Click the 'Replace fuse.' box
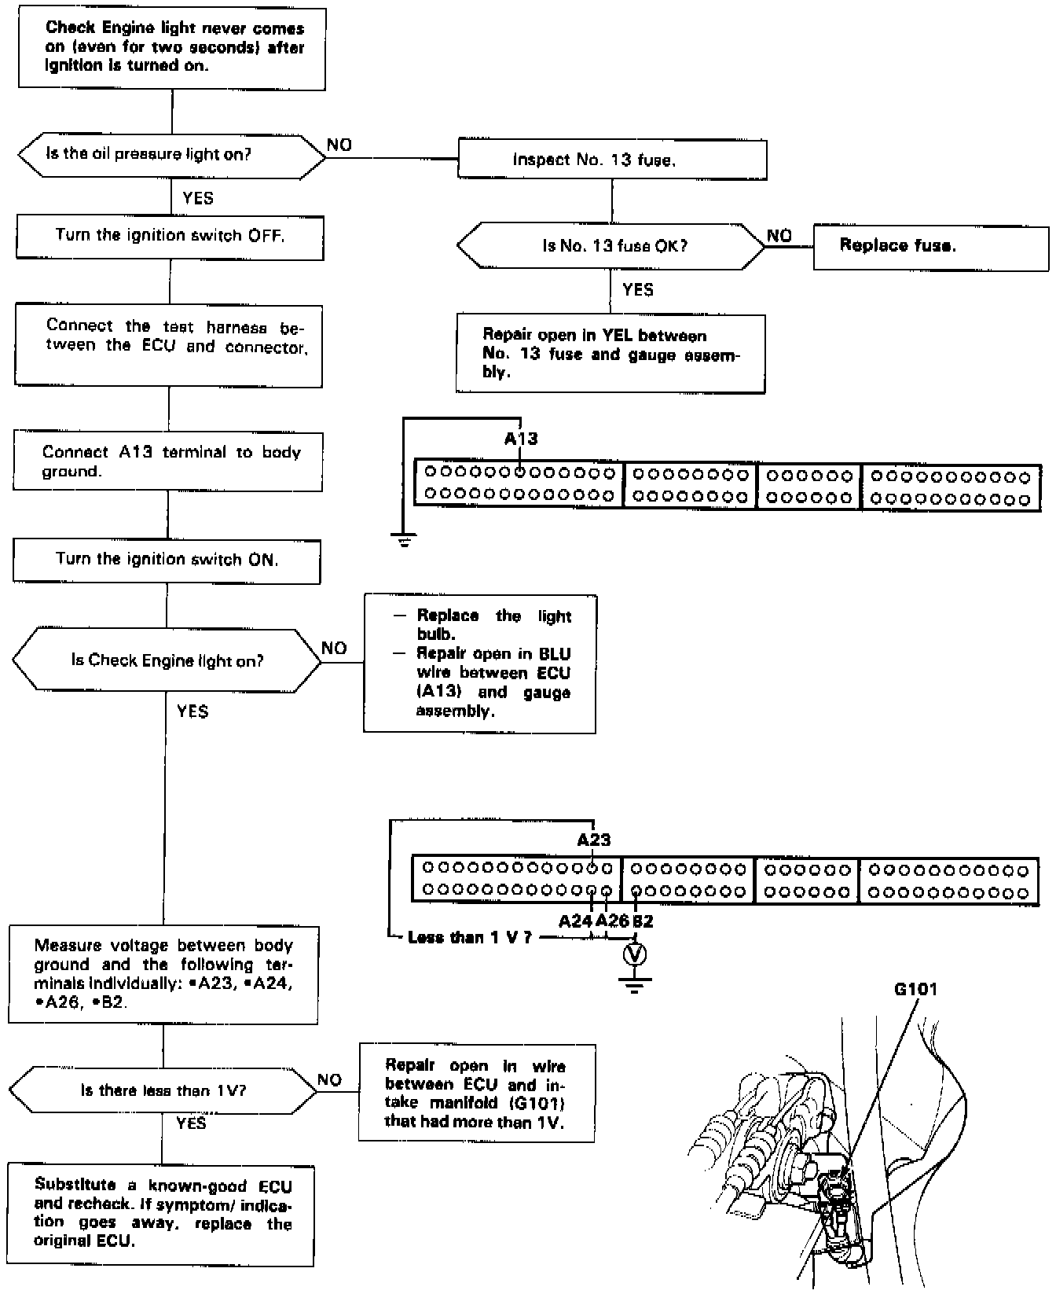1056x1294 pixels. coord(930,247)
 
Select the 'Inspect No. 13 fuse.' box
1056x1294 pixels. coord(612,160)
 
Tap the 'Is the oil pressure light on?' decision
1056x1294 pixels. coord(171,155)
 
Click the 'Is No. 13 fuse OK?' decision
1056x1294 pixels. coord(611,246)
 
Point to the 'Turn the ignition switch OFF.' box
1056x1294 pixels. coord(170,237)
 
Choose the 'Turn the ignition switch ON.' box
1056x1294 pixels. coord(167,561)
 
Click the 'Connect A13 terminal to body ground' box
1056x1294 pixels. coord(168,461)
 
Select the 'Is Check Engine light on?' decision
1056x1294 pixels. coord(167,660)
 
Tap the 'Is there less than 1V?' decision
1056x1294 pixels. coord(163,1090)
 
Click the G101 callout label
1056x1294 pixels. coord(915,989)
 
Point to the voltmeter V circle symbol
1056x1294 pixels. coord(635,954)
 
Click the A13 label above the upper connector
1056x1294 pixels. coord(521,439)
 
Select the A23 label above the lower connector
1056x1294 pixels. coord(594,840)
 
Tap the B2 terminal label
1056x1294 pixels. coord(643,921)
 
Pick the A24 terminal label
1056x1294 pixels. coord(575,921)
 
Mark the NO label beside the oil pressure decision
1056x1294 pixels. coord(339,145)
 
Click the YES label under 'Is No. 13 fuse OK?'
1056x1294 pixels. coord(637,290)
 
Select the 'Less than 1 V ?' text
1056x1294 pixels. coord(469,938)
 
